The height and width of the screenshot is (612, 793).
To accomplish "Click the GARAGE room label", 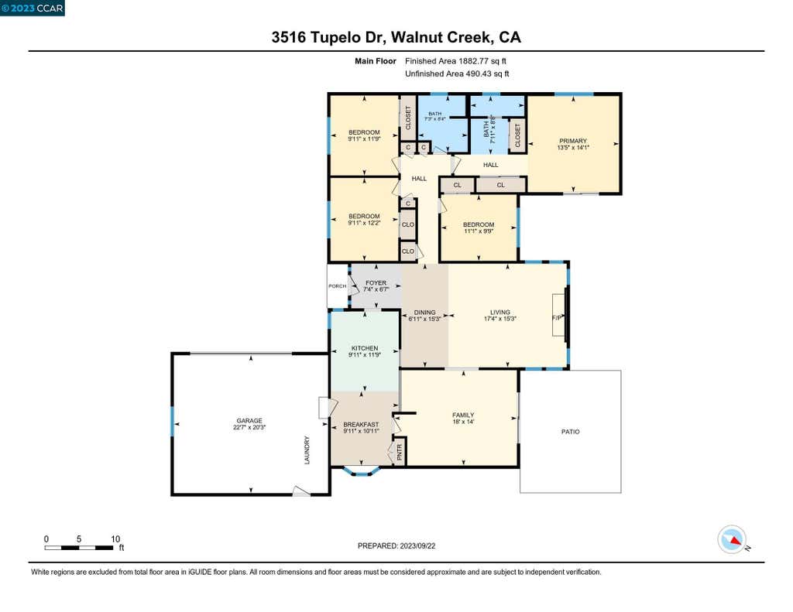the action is [249, 420].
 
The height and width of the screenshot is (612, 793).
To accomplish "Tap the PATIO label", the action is [571, 432].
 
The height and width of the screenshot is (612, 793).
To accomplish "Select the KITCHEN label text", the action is [365, 348].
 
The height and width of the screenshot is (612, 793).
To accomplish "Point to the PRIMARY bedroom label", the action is [573, 141].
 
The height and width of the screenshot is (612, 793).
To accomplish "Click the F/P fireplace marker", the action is [557, 318].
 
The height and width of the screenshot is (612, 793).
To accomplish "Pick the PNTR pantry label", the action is [400, 452].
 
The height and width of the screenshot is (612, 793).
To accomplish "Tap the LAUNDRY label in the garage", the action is [307, 450].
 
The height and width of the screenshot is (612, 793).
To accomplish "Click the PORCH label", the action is [338, 286].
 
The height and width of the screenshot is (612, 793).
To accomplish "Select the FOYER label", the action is [376, 283].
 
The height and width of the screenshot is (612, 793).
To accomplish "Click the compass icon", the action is [732, 540].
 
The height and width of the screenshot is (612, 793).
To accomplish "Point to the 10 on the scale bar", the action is [115, 538].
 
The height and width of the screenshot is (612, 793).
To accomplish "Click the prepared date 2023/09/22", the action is [417, 545].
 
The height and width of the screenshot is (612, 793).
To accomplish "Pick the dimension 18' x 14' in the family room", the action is [463, 422].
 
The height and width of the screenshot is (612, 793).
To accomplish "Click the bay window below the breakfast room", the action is [361, 470].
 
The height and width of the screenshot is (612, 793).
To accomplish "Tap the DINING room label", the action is [424, 313].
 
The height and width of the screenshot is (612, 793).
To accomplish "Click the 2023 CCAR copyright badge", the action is [33, 8].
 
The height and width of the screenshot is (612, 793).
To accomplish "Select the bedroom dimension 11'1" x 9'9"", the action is [479, 231].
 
